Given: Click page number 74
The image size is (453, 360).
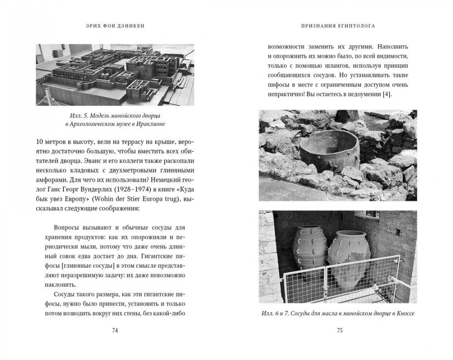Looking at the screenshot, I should [x=114, y=330].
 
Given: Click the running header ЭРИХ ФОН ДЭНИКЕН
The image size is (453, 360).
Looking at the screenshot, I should [x=115, y=26].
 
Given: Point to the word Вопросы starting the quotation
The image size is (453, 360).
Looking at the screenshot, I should [x=67, y=226].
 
